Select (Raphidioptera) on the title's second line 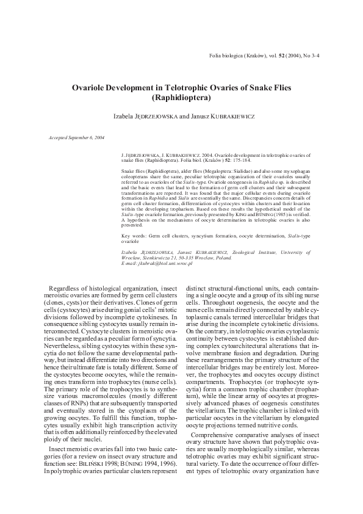pos(181,98)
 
